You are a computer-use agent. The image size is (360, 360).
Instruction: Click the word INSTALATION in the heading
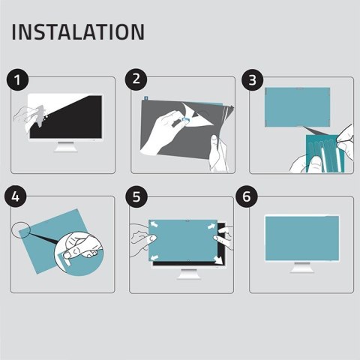click(x=78, y=32)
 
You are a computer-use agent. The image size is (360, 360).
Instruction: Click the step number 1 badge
click(x=18, y=79)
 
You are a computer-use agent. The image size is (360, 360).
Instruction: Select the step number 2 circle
click(x=136, y=79)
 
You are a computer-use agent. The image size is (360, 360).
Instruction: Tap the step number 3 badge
click(x=253, y=79)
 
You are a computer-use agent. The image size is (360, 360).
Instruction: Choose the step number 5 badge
click(x=136, y=197)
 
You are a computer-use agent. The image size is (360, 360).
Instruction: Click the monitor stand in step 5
click(x=184, y=274)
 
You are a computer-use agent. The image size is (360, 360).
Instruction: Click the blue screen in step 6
click(x=301, y=238)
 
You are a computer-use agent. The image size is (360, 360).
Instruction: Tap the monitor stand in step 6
click(x=301, y=268)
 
